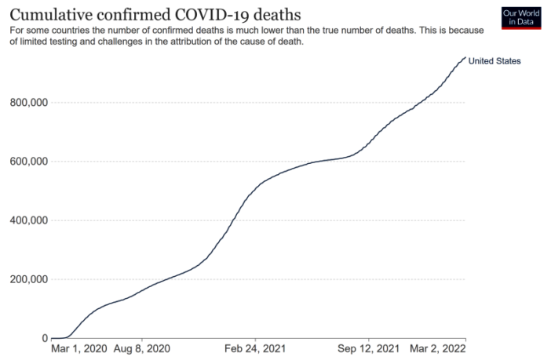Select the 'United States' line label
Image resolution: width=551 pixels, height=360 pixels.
coord(494,60)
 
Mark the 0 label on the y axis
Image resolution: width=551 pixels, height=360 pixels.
coord(44,338)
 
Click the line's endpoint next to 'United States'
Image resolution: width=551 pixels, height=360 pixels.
coord(465,58)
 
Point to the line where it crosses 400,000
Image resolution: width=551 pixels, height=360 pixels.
coord(235,220)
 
